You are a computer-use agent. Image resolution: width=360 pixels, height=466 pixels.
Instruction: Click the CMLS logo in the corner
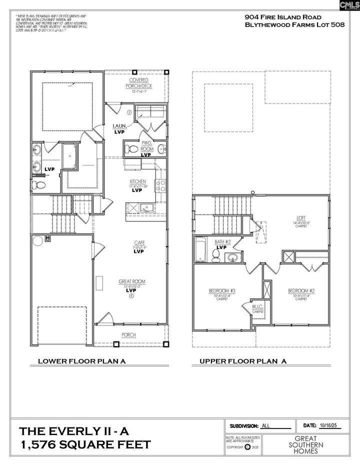pos(349,5)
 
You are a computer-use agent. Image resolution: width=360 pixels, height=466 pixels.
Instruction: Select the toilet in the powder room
pos(131,148)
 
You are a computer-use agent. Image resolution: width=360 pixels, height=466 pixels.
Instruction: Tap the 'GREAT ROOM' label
pos(131,281)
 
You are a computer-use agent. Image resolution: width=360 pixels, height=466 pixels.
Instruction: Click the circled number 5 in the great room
pos(131,296)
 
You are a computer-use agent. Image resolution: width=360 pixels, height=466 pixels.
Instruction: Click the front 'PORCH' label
pos(129,335)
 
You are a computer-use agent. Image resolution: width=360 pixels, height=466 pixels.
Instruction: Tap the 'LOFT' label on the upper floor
pos(300,217)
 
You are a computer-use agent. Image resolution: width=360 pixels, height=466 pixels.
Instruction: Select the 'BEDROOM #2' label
pos(300,290)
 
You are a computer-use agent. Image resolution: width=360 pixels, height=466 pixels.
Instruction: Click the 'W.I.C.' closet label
pos(257,306)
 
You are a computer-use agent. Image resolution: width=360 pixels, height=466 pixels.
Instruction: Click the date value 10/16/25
pos(328,425)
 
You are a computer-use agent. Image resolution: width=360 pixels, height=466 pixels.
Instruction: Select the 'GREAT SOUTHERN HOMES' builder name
pos(307,444)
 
